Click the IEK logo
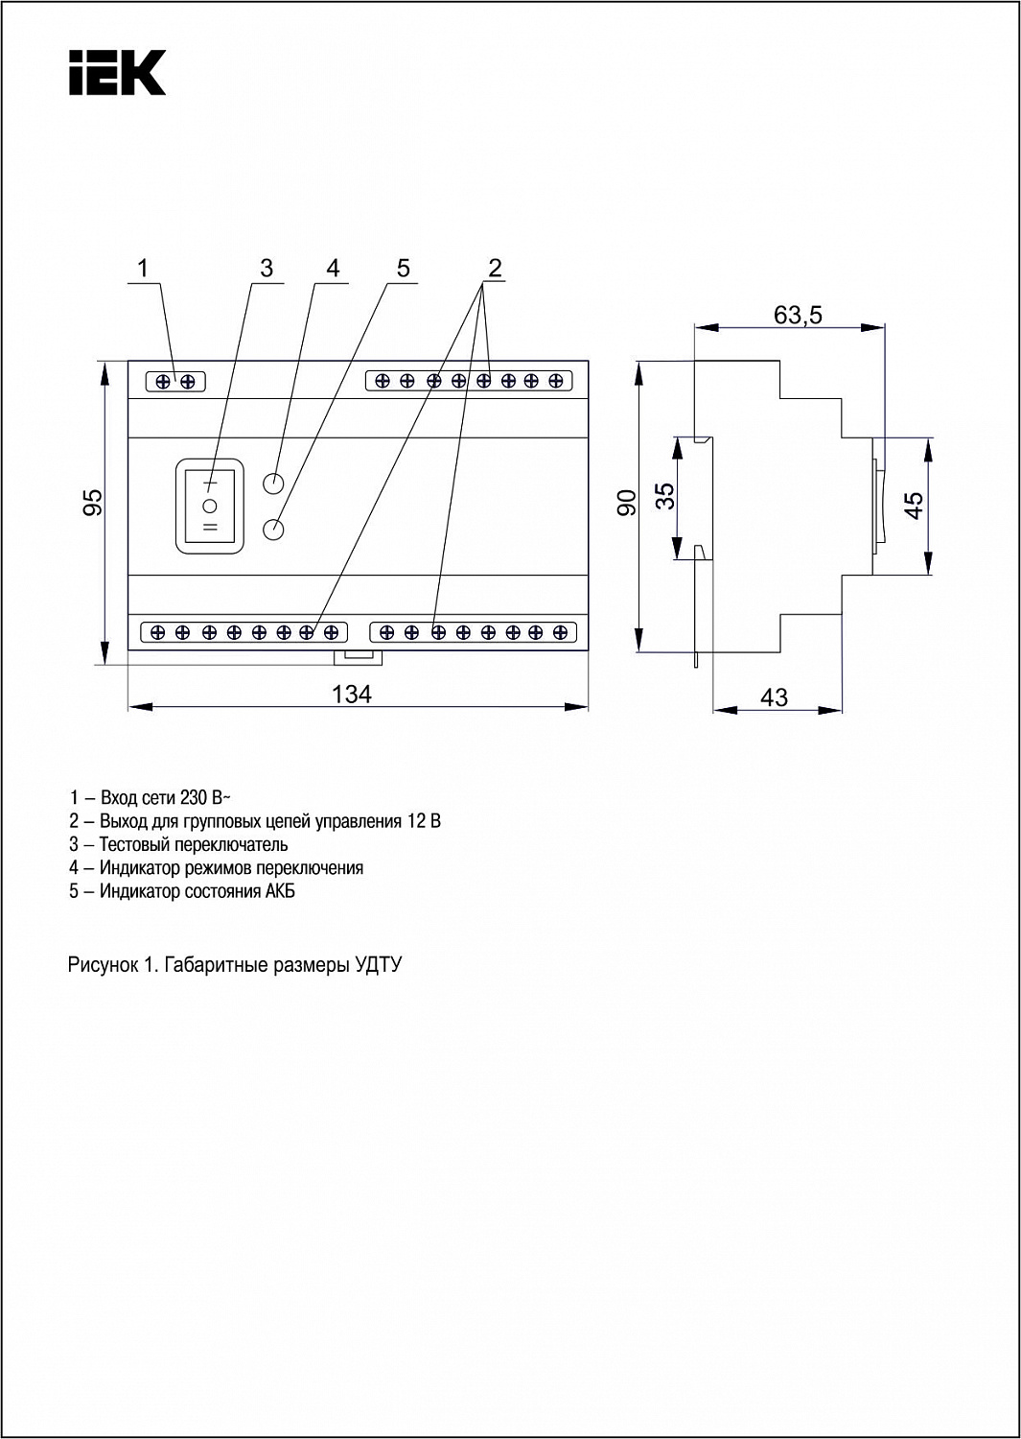coord(118,73)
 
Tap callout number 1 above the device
coord(143,268)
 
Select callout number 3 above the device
coord(267,268)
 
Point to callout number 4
coord(333,268)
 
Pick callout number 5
coord(403,268)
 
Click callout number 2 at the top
coord(495,268)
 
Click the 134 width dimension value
coord(352,695)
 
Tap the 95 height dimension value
coord(93,502)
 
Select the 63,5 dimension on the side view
coord(798,316)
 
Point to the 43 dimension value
coord(774,697)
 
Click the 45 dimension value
coord(914,505)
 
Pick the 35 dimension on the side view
coord(666,495)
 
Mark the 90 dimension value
coord(626,502)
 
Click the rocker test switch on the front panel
coord(210,506)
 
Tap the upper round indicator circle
coord(274,483)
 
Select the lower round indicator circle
coord(274,530)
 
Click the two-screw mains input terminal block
coord(175,382)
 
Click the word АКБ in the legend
coord(280,891)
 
